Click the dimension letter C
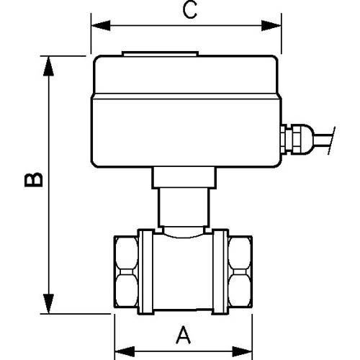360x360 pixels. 189,9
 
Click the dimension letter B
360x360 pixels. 34,179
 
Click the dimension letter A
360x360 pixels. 184,335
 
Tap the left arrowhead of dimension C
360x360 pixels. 101,25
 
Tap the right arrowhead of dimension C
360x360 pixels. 271,25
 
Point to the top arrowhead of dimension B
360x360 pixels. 49,66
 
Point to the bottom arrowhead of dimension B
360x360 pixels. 49,304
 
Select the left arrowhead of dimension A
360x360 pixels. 125,351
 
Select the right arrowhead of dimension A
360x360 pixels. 243,351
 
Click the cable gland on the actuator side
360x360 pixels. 297,139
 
